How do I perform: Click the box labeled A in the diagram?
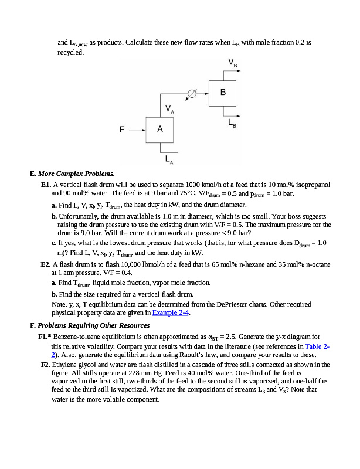(160, 130)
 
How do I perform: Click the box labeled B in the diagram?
(223, 93)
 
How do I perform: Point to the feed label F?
(123, 130)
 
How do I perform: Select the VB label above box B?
(233, 62)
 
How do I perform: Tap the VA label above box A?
(169, 108)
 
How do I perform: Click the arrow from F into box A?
(136, 130)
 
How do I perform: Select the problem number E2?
(46, 265)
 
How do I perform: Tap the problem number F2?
(46, 365)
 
